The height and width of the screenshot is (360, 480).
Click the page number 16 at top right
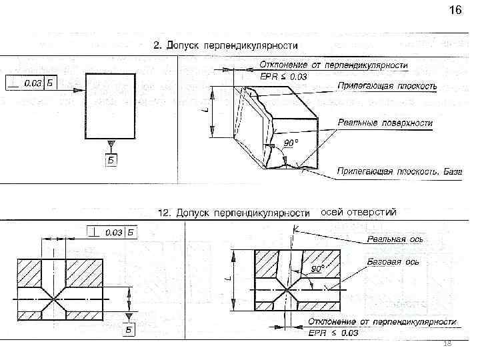tap(455, 11)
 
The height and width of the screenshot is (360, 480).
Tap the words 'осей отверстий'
tap(359, 213)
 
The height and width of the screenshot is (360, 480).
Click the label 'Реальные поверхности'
tap(385, 123)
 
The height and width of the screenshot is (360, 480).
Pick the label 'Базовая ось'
tap(393, 262)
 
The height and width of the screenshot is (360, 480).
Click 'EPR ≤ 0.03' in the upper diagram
tap(284, 77)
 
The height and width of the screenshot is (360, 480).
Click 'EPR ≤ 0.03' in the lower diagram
tap(333, 332)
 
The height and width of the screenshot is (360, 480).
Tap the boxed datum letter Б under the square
tap(111, 159)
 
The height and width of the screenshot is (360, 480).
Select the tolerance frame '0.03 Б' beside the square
tap(31, 83)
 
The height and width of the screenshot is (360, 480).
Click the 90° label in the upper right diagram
tap(291, 143)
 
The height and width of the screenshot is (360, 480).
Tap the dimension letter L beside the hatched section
tap(229, 281)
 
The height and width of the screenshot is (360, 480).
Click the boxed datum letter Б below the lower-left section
tap(130, 330)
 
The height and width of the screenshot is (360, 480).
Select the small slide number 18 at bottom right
tap(448, 343)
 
